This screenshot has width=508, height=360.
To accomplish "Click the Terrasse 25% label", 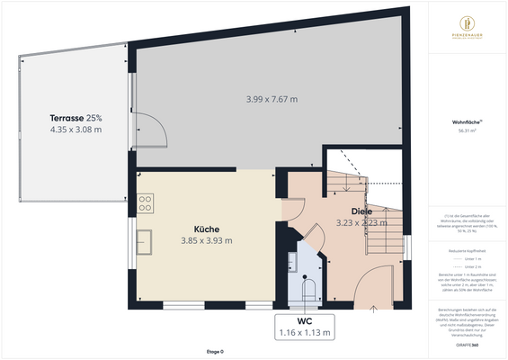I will [76, 117].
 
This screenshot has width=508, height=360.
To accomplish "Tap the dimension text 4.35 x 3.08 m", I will [76, 130].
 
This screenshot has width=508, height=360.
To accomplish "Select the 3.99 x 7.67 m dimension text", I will [272, 99].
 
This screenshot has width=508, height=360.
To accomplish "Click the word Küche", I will [207, 229].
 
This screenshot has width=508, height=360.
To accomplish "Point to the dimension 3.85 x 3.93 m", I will [207, 240].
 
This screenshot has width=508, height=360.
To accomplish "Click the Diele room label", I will [361, 211].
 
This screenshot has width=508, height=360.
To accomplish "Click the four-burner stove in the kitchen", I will [145, 204].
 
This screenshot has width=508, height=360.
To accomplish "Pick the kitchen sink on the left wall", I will [144, 241].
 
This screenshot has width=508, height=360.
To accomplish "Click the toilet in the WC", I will [308, 290].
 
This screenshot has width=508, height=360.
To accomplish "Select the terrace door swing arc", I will [151, 131].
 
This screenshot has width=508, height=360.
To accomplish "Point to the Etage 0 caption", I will [215, 351].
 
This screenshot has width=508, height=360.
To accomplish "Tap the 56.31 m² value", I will [467, 130].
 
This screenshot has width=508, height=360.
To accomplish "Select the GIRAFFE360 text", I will [467, 345].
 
